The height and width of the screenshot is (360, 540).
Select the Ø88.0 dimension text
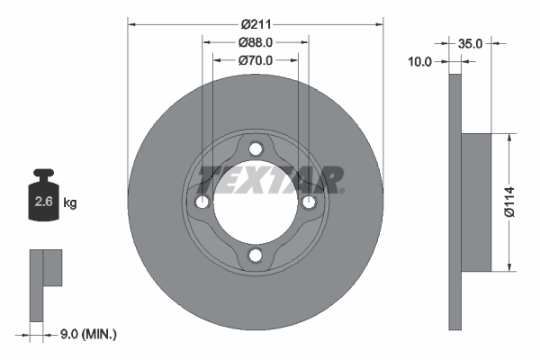[256, 42]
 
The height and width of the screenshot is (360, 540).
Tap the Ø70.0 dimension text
[256, 59]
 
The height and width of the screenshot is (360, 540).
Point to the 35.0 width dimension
[471, 42]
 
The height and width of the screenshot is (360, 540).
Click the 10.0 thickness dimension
[420, 61]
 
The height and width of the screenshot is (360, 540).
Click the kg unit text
[70, 203]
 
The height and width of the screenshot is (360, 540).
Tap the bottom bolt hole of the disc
[256, 256]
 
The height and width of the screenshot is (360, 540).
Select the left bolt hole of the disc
[202, 202]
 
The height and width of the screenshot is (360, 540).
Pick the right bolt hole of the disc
[309, 202]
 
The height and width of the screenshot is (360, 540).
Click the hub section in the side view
[477, 202]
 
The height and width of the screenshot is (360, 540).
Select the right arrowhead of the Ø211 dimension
[379, 24]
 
